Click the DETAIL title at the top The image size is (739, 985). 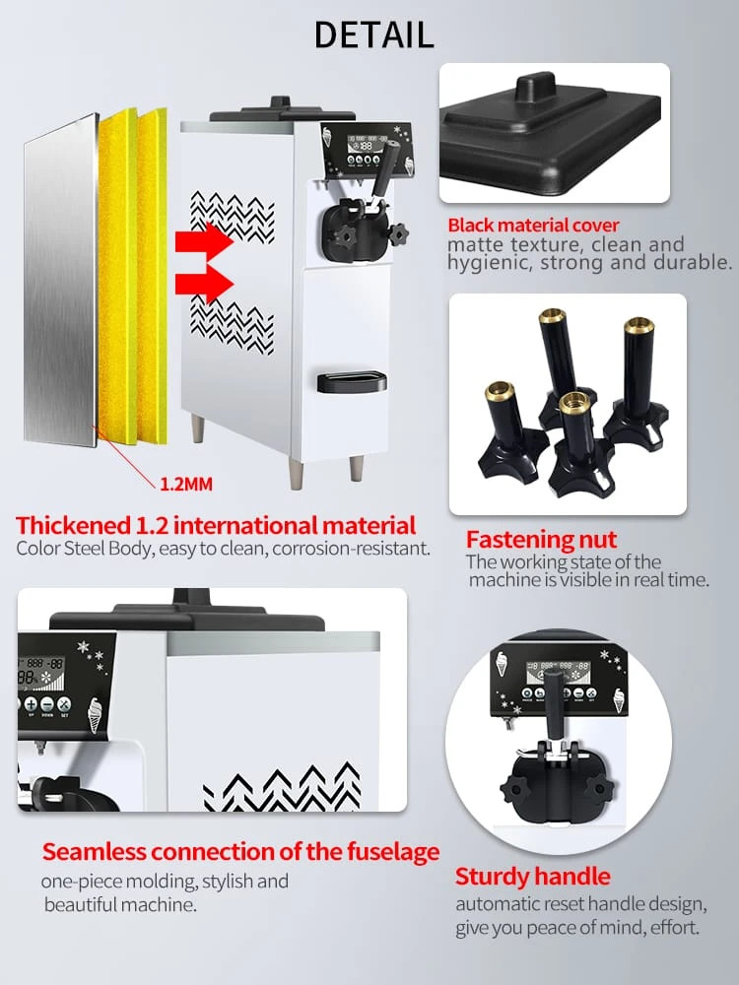(373, 34)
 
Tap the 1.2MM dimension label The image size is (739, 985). (186, 485)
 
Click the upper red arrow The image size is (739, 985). (204, 241)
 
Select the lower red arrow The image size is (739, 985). (204, 284)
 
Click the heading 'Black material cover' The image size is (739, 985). (533, 225)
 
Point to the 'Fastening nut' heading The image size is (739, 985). (541, 540)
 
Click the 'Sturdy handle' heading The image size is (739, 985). (532, 877)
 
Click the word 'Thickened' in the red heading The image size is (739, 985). (72, 525)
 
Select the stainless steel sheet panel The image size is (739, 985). (60, 280)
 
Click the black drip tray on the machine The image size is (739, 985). (352, 381)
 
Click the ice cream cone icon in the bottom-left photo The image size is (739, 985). (94, 715)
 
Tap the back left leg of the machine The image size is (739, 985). (198, 428)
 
